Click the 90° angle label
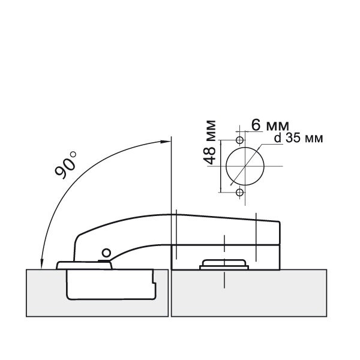click(x=65, y=165)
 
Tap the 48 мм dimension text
click(x=210, y=142)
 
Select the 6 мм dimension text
click(x=270, y=125)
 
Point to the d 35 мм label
click(x=299, y=138)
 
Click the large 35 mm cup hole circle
click(x=226, y=166)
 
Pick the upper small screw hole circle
click(x=240, y=140)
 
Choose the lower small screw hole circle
click(x=240, y=193)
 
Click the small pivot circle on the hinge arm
click(x=106, y=253)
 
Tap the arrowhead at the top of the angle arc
click(x=166, y=142)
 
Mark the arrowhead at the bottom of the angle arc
click(x=42, y=264)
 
